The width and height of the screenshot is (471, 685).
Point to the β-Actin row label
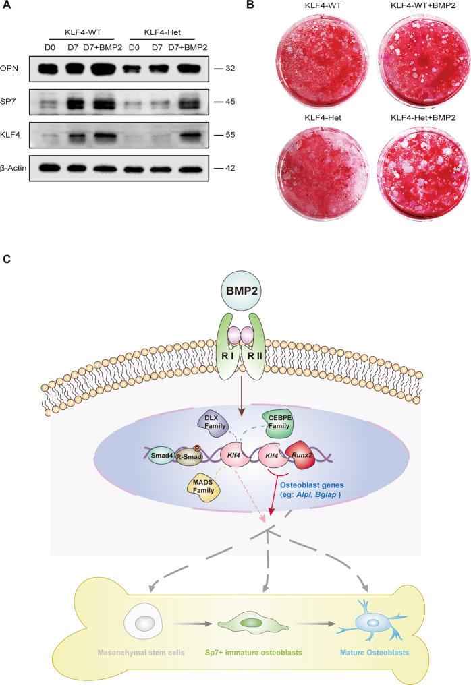click(19, 167)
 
